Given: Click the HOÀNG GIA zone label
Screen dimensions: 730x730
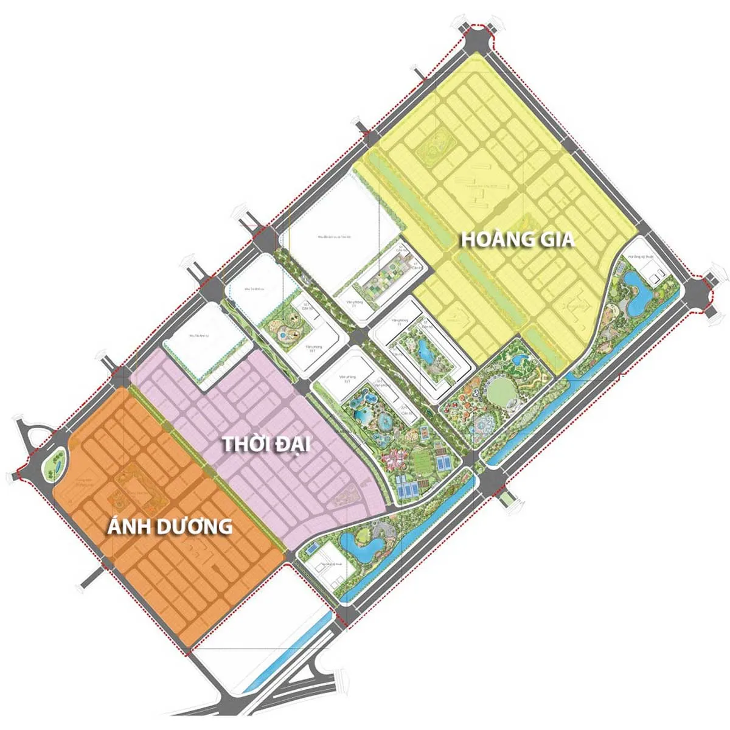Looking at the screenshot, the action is click(517, 239).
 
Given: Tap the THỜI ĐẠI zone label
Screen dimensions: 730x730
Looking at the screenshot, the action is click(266, 443).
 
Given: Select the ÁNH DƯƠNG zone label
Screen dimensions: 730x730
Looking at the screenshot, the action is click(170, 526).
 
